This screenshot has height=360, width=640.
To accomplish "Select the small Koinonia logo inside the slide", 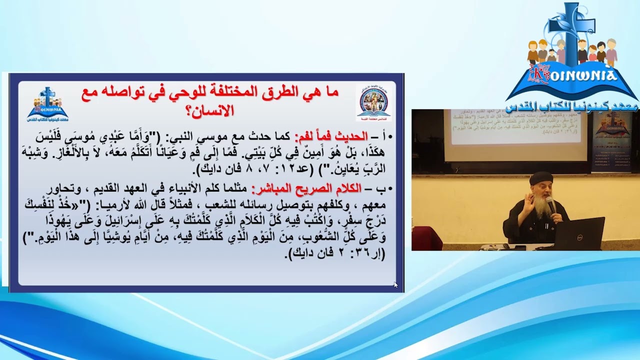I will [x=48, y=104].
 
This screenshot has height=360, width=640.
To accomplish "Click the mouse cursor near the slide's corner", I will [x=395, y=284].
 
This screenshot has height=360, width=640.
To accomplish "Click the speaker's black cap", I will [x=541, y=178].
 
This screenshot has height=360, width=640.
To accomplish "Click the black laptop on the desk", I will [x=580, y=233].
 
